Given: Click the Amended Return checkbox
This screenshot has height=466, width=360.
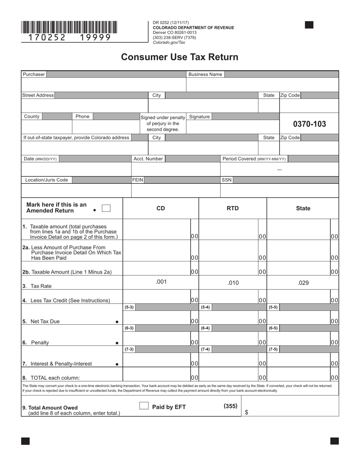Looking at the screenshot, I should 106,208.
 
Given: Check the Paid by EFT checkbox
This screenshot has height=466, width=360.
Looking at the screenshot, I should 144,406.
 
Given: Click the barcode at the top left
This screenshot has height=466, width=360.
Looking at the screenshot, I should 69,27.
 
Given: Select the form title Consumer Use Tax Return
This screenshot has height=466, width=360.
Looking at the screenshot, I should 180,57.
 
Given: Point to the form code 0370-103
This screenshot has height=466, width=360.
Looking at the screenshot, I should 309,124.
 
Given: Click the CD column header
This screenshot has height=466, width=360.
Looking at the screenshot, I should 161,208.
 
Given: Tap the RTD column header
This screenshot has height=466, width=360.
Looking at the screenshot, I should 233,208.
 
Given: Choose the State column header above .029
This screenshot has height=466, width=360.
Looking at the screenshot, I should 303,208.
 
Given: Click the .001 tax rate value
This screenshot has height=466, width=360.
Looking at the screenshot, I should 161,281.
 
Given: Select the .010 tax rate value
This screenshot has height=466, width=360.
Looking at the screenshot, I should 233,283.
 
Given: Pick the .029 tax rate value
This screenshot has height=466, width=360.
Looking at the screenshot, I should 303,283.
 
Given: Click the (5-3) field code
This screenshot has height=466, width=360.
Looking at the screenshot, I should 129,307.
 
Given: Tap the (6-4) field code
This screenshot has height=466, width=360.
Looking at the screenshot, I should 205,328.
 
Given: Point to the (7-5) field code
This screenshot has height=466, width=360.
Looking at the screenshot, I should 273,349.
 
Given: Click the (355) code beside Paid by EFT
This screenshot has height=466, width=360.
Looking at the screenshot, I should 230,406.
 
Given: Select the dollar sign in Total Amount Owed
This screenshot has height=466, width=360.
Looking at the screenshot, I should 246,413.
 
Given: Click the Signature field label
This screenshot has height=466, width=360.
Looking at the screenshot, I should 199,117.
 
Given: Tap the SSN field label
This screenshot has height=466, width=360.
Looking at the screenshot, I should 226,180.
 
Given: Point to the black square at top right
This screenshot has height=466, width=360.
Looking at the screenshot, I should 309,25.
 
